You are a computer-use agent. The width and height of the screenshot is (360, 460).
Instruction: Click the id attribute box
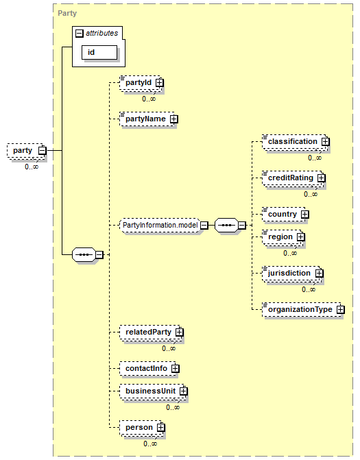(99, 53)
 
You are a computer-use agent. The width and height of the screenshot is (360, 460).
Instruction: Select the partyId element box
(141, 83)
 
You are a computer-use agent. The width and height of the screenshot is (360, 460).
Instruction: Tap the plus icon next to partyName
(173, 119)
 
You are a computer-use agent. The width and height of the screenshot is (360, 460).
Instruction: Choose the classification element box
(295, 142)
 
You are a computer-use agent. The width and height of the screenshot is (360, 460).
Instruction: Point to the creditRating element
(293, 178)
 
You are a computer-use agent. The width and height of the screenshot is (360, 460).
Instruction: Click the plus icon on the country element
(305, 215)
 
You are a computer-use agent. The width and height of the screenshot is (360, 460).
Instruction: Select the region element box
(283, 237)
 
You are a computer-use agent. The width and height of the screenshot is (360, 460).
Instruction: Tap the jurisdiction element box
(291, 274)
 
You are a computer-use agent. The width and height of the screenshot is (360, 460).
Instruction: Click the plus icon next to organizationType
(340, 309)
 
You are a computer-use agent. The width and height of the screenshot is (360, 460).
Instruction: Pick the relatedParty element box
(150, 332)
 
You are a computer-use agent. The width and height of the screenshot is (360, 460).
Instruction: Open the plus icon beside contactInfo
(175, 368)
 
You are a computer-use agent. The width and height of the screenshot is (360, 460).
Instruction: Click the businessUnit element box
(152, 391)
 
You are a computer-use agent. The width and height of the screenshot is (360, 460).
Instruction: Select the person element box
(141, 428)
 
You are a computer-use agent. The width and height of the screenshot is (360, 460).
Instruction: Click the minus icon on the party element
(43, 151)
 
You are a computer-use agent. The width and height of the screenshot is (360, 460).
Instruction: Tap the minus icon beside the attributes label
(80, 34)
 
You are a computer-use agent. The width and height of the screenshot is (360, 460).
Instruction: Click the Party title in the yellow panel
(67, 13)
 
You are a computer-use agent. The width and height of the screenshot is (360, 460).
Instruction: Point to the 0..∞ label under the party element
(32, 167)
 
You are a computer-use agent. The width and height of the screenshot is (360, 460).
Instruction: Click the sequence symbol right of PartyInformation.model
(226, 226)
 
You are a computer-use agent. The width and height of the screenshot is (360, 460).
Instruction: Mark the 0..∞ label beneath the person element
(150, 444)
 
